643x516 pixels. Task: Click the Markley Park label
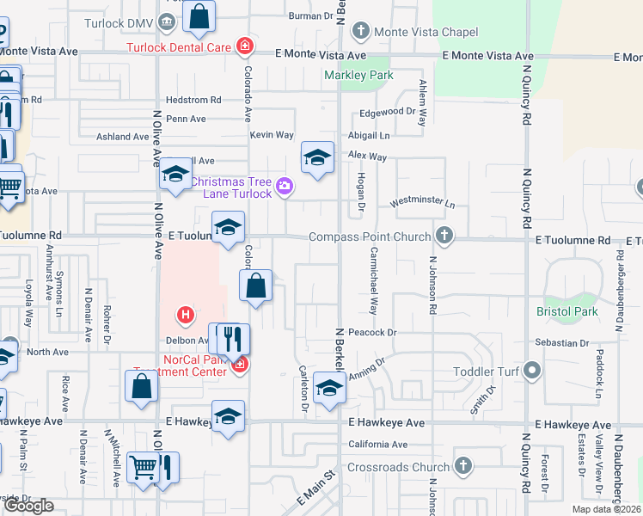358,75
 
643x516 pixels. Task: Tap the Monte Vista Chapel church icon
360,32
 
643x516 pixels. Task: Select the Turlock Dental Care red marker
245,46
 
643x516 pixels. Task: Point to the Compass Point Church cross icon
444,235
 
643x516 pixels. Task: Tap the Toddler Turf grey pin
532,372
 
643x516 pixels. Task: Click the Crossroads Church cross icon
463,466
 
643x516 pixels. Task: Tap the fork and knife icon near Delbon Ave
230,338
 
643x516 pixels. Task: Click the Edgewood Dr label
388,112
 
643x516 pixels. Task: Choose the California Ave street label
378,445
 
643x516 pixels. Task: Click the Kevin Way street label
272,135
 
